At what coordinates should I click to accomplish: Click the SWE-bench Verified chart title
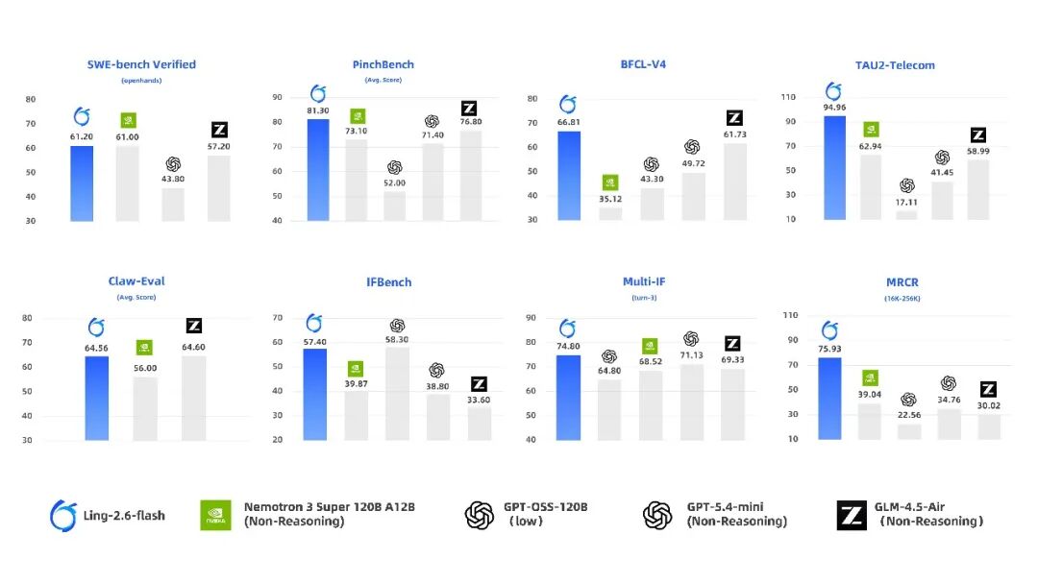coord(141,64)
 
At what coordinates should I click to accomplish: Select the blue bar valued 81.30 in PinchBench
coord(318,169)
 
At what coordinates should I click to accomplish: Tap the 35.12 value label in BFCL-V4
coord(610,200)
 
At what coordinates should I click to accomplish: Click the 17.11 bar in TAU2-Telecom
coord(906,215)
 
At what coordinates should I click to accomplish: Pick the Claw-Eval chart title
coord(136,281)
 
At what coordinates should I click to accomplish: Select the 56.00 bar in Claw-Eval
coord(145,408)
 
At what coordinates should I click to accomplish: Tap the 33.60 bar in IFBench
coord(480,424)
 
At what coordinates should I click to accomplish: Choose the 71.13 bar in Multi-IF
coord(691,401)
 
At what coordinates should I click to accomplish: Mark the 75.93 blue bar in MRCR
coord(829,399)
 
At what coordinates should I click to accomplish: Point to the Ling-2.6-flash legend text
coord(122,516)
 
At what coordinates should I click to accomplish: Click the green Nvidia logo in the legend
coord(215,516)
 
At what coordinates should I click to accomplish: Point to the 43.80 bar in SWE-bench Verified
coord(173,204)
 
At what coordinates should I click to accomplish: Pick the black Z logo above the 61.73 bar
coord(734,118)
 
